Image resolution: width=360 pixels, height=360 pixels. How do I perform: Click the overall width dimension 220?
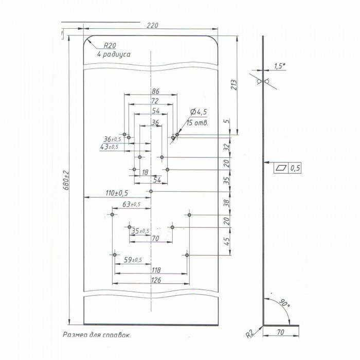pyautogui.click(x=151, y=24)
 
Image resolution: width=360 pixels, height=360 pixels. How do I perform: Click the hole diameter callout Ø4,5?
pyautogui.click(x=199, y=113)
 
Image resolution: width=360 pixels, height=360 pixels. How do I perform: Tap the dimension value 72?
pyautogui.click(x=154, y=101)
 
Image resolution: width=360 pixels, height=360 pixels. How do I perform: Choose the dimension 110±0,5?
pyautogui.click(x=116, y=193)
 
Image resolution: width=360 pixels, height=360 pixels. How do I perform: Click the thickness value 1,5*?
pyautogui.click(x=280, y=66)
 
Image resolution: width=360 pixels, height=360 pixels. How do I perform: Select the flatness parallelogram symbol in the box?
pyautogui.click(x=281, y=168)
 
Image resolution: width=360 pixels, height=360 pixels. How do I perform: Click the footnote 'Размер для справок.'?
pyautogui.click(x=97, y=335)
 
